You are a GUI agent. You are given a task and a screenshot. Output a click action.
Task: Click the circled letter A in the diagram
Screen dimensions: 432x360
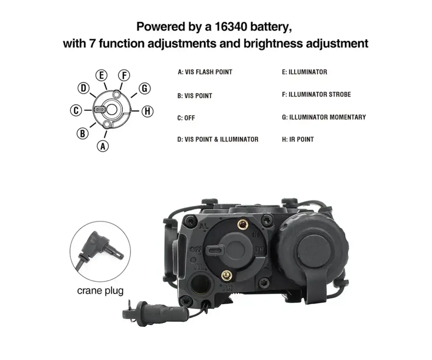pos(103,146)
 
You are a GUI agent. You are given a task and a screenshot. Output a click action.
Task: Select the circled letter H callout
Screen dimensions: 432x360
pos(148,111)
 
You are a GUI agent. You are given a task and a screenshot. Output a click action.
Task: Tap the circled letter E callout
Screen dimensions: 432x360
pos(102,75)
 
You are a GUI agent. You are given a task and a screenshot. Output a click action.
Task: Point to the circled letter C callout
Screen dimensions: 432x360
pos(76,110)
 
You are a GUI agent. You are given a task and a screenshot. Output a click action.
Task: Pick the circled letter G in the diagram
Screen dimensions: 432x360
pos(145,88)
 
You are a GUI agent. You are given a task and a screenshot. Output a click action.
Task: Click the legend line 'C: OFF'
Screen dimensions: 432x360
pos(186,118)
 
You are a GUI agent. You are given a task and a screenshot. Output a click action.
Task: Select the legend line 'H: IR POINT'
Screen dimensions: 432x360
pos(298,139)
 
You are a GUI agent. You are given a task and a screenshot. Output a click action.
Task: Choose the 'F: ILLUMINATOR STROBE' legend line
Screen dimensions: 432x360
pos(316,94)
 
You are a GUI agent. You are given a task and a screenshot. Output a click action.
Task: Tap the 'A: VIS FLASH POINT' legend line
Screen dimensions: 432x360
pos(205,72)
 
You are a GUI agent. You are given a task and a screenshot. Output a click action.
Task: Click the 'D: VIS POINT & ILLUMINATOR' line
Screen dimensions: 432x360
pos(218,139)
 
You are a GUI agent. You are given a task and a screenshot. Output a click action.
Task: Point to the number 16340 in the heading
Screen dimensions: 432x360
pos(231,27)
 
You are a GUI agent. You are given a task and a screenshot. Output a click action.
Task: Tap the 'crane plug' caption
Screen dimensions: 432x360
pos(100,291)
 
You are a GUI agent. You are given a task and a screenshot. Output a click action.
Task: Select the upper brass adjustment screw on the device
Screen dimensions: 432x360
pos(242,224)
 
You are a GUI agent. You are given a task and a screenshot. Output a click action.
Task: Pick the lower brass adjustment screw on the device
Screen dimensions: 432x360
pos(226,275)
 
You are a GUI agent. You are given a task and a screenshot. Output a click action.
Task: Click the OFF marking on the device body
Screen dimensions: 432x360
pos(195,249)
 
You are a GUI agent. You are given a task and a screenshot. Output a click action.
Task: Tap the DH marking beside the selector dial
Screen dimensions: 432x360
pos(259,250)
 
